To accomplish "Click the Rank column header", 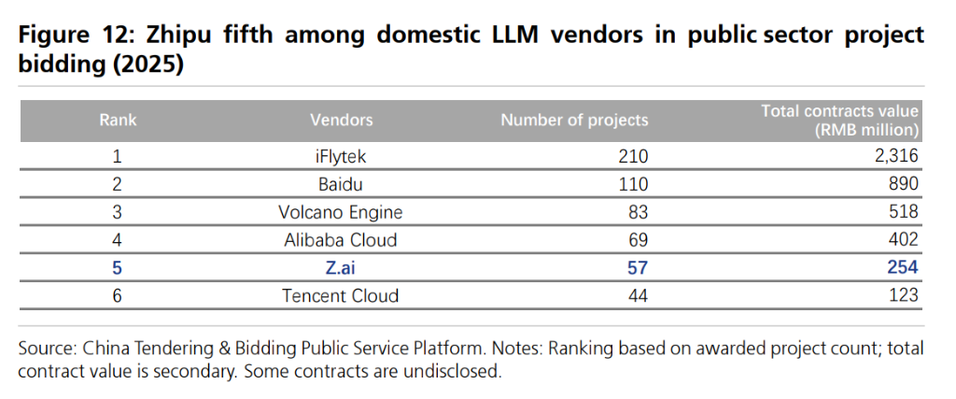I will coord(118,120).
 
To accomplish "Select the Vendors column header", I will coord(341,120).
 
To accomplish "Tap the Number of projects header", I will coord(574,120).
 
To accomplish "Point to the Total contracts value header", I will coord(840,120).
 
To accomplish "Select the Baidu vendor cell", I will coord(341,184).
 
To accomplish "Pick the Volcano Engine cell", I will coord(341,212).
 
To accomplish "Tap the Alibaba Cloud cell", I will coord(341,240).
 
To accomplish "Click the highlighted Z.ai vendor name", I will coord(341,268).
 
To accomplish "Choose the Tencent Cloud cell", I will coord(341,296).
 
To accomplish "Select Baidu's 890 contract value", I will coord(904,184).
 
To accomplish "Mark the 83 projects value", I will coord(637,212).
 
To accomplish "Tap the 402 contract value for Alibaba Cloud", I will coord(904,240).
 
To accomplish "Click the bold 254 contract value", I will coord(903,268).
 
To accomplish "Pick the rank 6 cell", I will coord(118,296).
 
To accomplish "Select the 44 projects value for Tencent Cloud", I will coord(637,296).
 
